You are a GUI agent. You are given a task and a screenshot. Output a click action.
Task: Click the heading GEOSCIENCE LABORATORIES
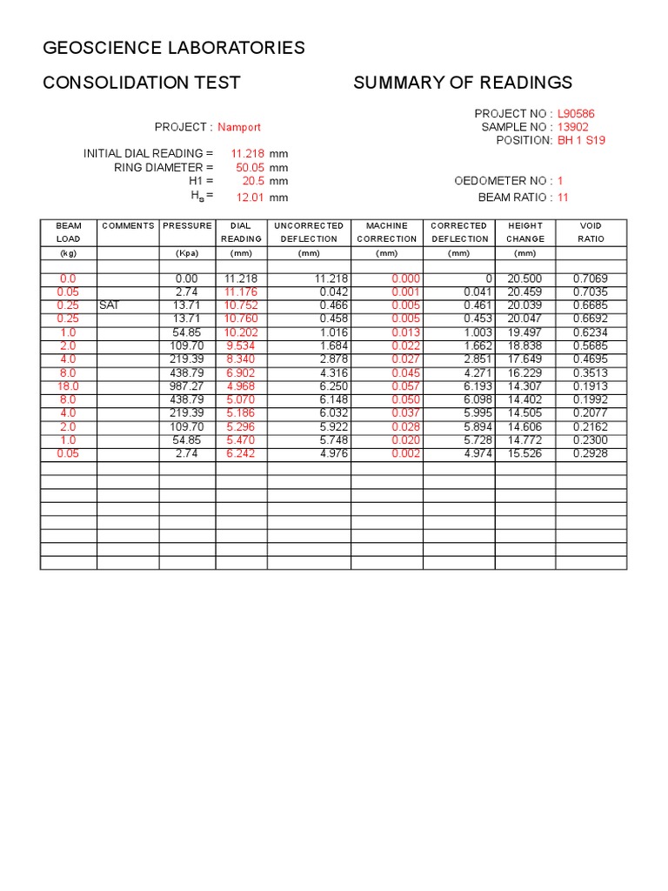[174, 48]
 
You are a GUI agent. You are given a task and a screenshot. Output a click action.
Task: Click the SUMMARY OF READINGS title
[463, 83]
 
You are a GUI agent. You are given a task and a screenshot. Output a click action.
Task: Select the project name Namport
[239, 127]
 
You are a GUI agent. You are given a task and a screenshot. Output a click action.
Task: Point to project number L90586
[576, 114]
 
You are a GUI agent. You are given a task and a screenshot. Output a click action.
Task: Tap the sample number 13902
[573, 127]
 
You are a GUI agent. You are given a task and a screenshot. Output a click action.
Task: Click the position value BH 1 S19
[581, 140]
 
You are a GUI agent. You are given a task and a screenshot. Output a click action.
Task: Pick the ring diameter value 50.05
[250, 167]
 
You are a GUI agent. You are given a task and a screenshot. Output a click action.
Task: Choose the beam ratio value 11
[563, 198]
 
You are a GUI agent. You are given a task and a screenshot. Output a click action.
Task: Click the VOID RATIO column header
[591, 232]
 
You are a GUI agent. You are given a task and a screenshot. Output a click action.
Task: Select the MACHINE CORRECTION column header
[387, 232]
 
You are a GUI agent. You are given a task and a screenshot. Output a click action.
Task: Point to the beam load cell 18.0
[68, 386]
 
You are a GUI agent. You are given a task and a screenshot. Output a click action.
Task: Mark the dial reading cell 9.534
[241, 346]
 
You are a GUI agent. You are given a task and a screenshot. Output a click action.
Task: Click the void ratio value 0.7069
[591, 278]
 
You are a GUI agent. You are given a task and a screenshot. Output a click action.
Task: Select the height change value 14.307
[524, 386]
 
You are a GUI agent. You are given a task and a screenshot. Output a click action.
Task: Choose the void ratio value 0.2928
[591, 454]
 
